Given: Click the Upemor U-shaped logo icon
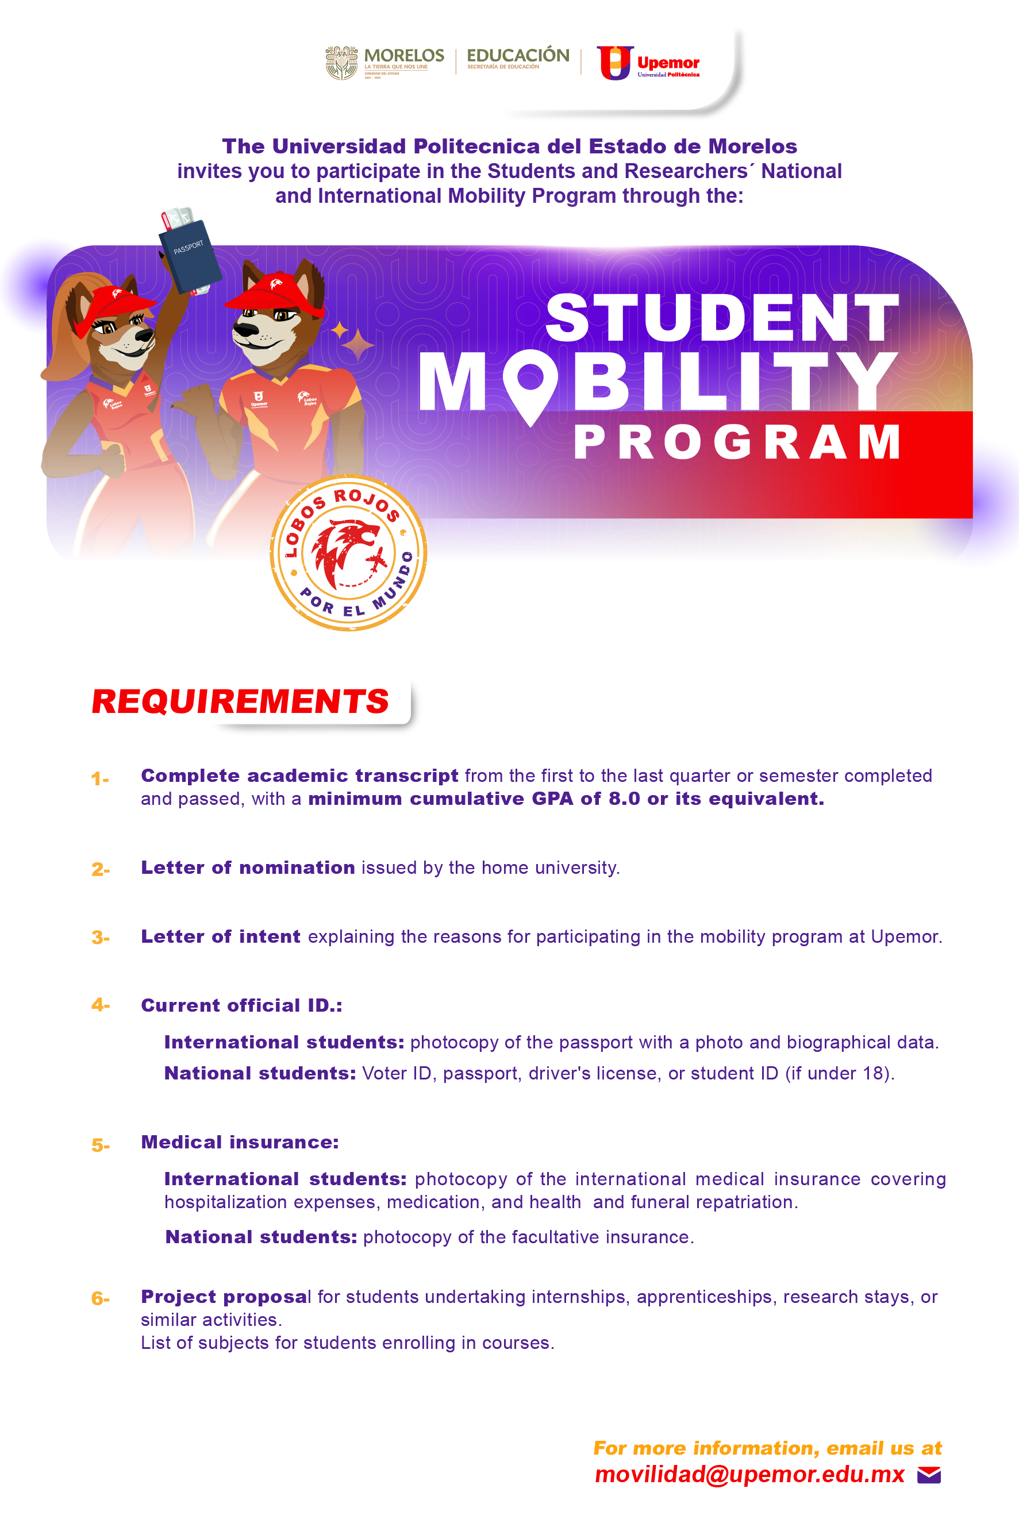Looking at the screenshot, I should (614, 63).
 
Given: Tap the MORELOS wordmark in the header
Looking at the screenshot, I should (404, 56).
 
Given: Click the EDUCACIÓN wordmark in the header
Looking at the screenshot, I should (518, 56).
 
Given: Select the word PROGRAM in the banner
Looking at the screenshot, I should (737, 442).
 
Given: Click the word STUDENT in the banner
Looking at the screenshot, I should (721, 318).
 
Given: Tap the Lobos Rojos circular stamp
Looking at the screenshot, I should (348, 553).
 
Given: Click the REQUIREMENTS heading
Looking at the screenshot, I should (240, 701).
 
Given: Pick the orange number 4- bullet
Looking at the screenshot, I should (100, 1005).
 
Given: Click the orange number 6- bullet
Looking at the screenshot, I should (100, 1298).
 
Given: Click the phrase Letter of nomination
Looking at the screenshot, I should (248, 867).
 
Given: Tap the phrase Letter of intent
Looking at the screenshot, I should (220, 936).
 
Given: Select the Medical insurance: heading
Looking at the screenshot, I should (240, 1143).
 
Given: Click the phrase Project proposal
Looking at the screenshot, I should (225, 1297).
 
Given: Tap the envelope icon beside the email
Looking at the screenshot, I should (929, 1475).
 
